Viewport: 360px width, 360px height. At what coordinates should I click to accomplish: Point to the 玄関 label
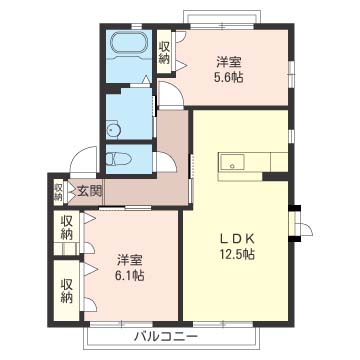(88, 190)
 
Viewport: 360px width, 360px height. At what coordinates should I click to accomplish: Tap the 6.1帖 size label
(126, 274)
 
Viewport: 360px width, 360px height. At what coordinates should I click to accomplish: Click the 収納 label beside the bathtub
(164, 52)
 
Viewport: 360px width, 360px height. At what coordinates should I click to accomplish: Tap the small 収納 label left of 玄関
(59, 189)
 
